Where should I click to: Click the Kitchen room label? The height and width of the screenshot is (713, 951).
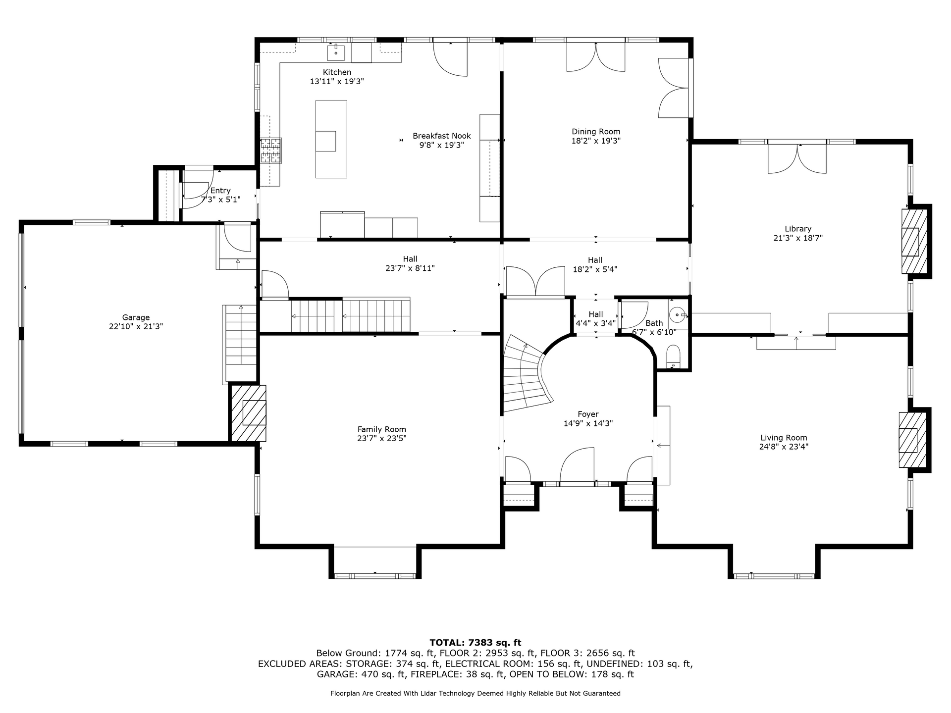(337, 72)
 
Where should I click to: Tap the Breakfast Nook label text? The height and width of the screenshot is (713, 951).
(442, 136)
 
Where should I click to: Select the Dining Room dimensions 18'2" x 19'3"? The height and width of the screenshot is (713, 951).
(596, 141)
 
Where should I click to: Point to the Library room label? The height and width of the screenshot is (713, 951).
(798, 229)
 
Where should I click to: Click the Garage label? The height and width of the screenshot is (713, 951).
(136, 317)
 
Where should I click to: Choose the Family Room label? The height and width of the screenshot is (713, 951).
(382, 429)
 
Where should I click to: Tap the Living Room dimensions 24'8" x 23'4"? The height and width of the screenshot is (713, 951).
(784, 447)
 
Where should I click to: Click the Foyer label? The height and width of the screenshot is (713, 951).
(588, 414)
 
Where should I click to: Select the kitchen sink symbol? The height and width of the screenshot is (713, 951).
(336, 50)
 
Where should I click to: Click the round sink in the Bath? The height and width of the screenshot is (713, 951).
(677, 314)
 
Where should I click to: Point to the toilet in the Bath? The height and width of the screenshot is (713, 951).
(674, 357)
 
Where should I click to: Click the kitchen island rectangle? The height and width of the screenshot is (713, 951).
(331, 139)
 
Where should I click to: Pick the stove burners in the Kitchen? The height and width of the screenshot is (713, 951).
(271, 151)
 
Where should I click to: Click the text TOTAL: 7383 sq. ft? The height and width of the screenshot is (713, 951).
(475, 643)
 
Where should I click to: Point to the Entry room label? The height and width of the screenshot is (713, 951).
(220, 191)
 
